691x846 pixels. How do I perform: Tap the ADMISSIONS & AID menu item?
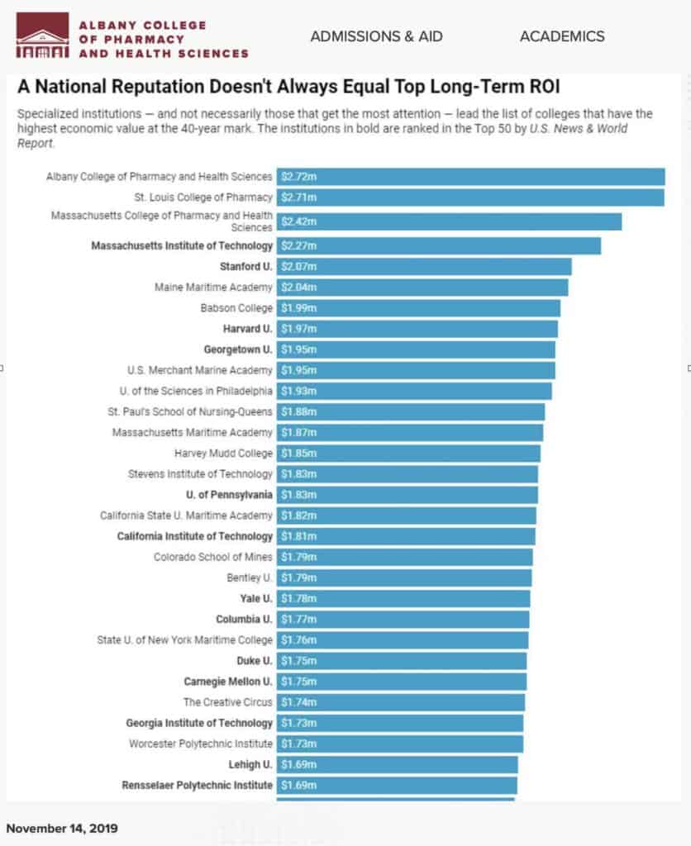click(376, 36)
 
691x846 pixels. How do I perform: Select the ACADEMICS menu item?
click(562, 36)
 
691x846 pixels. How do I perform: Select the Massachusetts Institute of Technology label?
click(182, 246)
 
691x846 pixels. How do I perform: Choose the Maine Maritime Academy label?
click(213, 288)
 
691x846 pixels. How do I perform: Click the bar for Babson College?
click(417, 308)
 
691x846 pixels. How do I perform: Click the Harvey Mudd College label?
click(223, 454)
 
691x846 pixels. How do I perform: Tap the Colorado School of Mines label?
click(212, 557)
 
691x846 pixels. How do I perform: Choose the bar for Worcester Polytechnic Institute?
click(399, 744)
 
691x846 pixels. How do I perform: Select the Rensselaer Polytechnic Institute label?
click(197, 785)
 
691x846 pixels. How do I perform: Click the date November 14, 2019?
click(62, 828)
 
